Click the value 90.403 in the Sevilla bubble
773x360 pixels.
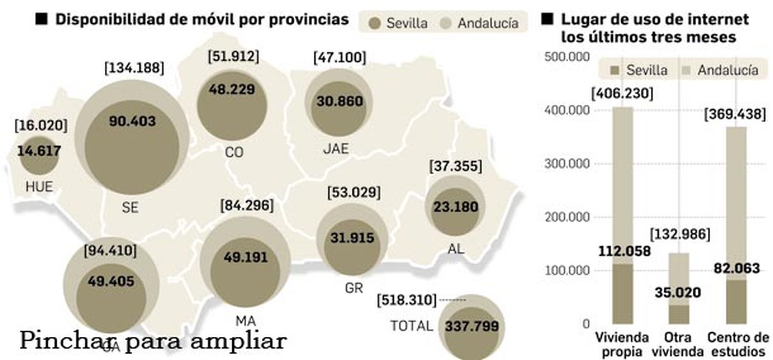pyautogui.click(x=132, y=121)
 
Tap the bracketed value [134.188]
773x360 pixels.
pyautogui.click(x=134, y=68)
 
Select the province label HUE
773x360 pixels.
pyautogui.click(x=39, y=187)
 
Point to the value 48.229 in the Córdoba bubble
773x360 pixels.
pyautogui.click(x=232, y=89)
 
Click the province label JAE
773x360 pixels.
pyautogui.click(x=336, y=148)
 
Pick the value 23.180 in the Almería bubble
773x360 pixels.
pyautogui.click(x=456, y=207)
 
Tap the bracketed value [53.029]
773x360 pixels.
pyautogui.click(x=354, y=192)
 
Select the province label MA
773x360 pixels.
pyautogui.click(x=246, y=321)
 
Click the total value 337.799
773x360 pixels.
pyautogui.click(x=472, y=326)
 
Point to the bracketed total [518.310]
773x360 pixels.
pyautogui.click(x=407, y=300)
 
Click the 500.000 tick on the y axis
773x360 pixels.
pyautogui.click(x=567, y=57)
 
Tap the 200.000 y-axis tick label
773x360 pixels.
pyautogui.click(x=567, y=217)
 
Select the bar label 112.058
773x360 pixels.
pyautogui.click(x=624, y=251)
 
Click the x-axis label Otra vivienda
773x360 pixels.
pyautogui.click(x=677, y=344)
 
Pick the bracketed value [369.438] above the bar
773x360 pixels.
pyautogui.click(x=735, y=115)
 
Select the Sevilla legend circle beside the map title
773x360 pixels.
pyautogui.click(x=374, y=23)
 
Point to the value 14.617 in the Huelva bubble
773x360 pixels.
pyautogui.click(x=39, y=151)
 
